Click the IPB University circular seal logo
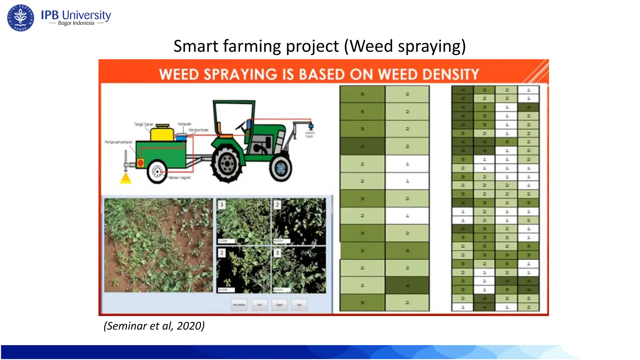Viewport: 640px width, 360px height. pos(21,18)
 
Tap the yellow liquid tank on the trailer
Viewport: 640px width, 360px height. pos(162,133)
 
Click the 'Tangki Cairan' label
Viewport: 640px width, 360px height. pos(143,124)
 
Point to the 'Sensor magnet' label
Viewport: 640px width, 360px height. pos(180,178)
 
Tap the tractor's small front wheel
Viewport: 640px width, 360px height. pos(281,168)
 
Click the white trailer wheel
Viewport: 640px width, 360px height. pos(157,172)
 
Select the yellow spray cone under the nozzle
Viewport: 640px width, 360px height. pos(126,179)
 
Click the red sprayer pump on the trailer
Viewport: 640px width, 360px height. pos(141,162)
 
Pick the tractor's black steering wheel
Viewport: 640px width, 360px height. pos(241,126)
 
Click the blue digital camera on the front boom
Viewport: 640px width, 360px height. pos(311,127)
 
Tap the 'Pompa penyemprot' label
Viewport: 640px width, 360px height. pos(118,142)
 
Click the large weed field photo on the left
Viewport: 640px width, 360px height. pos(158,245)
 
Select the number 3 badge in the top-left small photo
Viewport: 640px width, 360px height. pos(222,205)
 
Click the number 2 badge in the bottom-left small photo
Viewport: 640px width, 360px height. pos(222,253)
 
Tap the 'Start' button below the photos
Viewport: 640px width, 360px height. pos(259,305)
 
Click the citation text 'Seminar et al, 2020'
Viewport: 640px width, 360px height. pos(154,326)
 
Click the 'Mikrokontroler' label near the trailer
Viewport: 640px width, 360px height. pos(198,130)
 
